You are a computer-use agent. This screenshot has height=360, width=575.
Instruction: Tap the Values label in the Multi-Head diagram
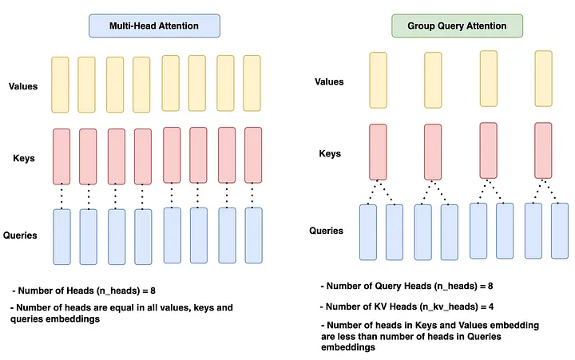coord(21,86)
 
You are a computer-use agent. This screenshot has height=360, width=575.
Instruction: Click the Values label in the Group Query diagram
coord(329,81)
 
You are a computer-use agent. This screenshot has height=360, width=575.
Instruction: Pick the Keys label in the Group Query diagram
coord(329,153)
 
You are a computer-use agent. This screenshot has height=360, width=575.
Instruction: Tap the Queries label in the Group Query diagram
coord(327,231)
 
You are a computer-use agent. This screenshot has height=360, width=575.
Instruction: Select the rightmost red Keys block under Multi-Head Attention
coord(253,155)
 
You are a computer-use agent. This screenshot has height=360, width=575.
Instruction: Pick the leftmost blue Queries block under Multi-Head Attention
coord(61,236)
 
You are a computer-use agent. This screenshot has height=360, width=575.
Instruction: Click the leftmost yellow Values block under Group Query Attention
coord(378,80)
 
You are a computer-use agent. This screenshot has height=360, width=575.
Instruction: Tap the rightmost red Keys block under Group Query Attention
coord(543,149)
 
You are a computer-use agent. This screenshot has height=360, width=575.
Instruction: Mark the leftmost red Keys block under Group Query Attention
coord(378,152)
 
